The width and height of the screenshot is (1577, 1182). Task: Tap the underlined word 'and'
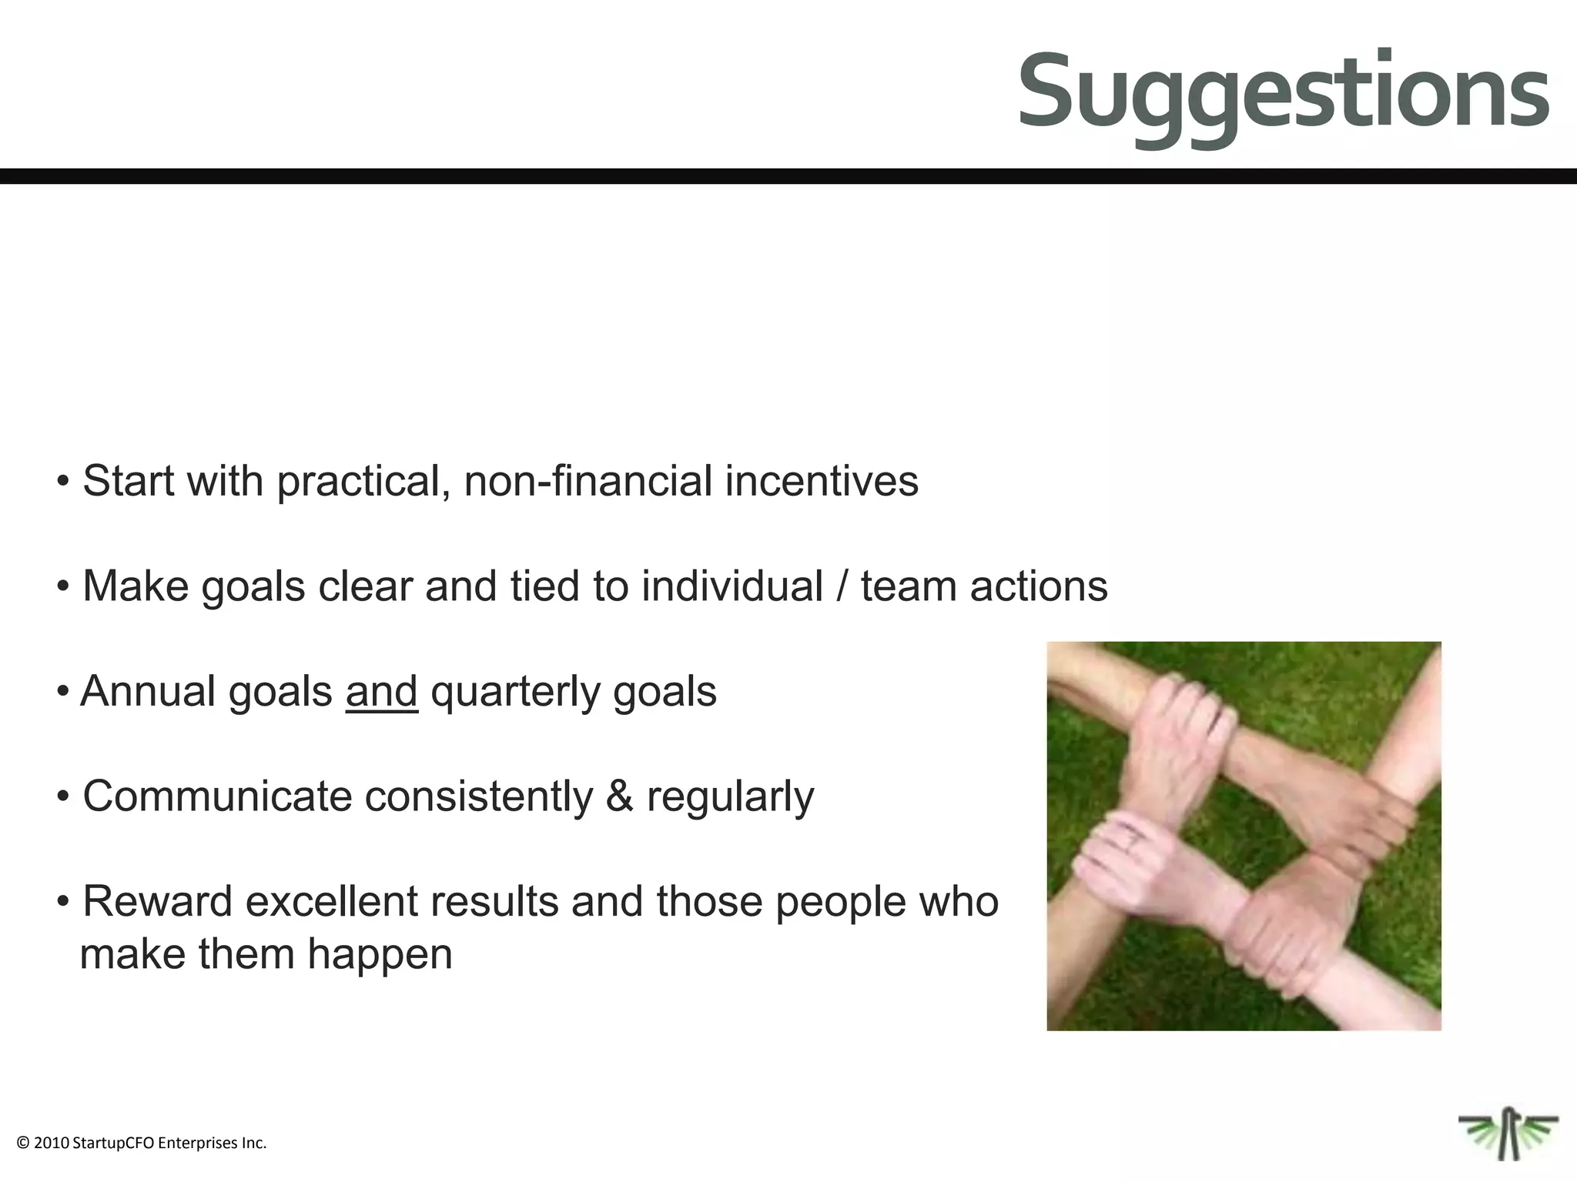pyautogui.click(x=381, y=691)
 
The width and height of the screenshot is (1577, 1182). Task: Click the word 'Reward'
pyautogui.click(x=157, y=901)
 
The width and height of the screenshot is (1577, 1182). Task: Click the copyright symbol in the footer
pyautogui.click(x=22, y=1144)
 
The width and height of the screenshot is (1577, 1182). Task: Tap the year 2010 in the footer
pyautogui.click(x=52, y=1144)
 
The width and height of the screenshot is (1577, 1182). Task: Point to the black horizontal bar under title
pyautogui.click(x=788, y=176)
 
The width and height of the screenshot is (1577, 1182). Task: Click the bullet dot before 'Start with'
pyautogui.click(x=63, y=482)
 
